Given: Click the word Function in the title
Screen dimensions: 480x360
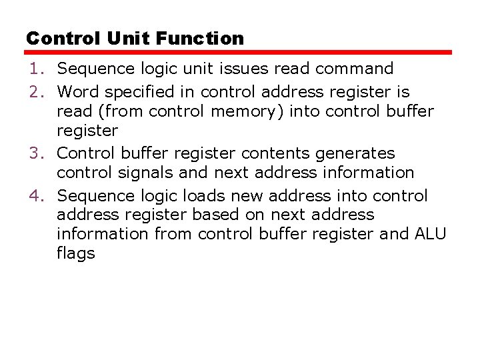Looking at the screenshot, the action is (199, 39).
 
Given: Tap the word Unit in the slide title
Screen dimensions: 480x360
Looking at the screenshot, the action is (127, 39).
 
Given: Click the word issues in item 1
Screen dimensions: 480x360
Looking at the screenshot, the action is (249, 69).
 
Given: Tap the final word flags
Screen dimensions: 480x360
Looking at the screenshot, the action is (76, 254).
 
